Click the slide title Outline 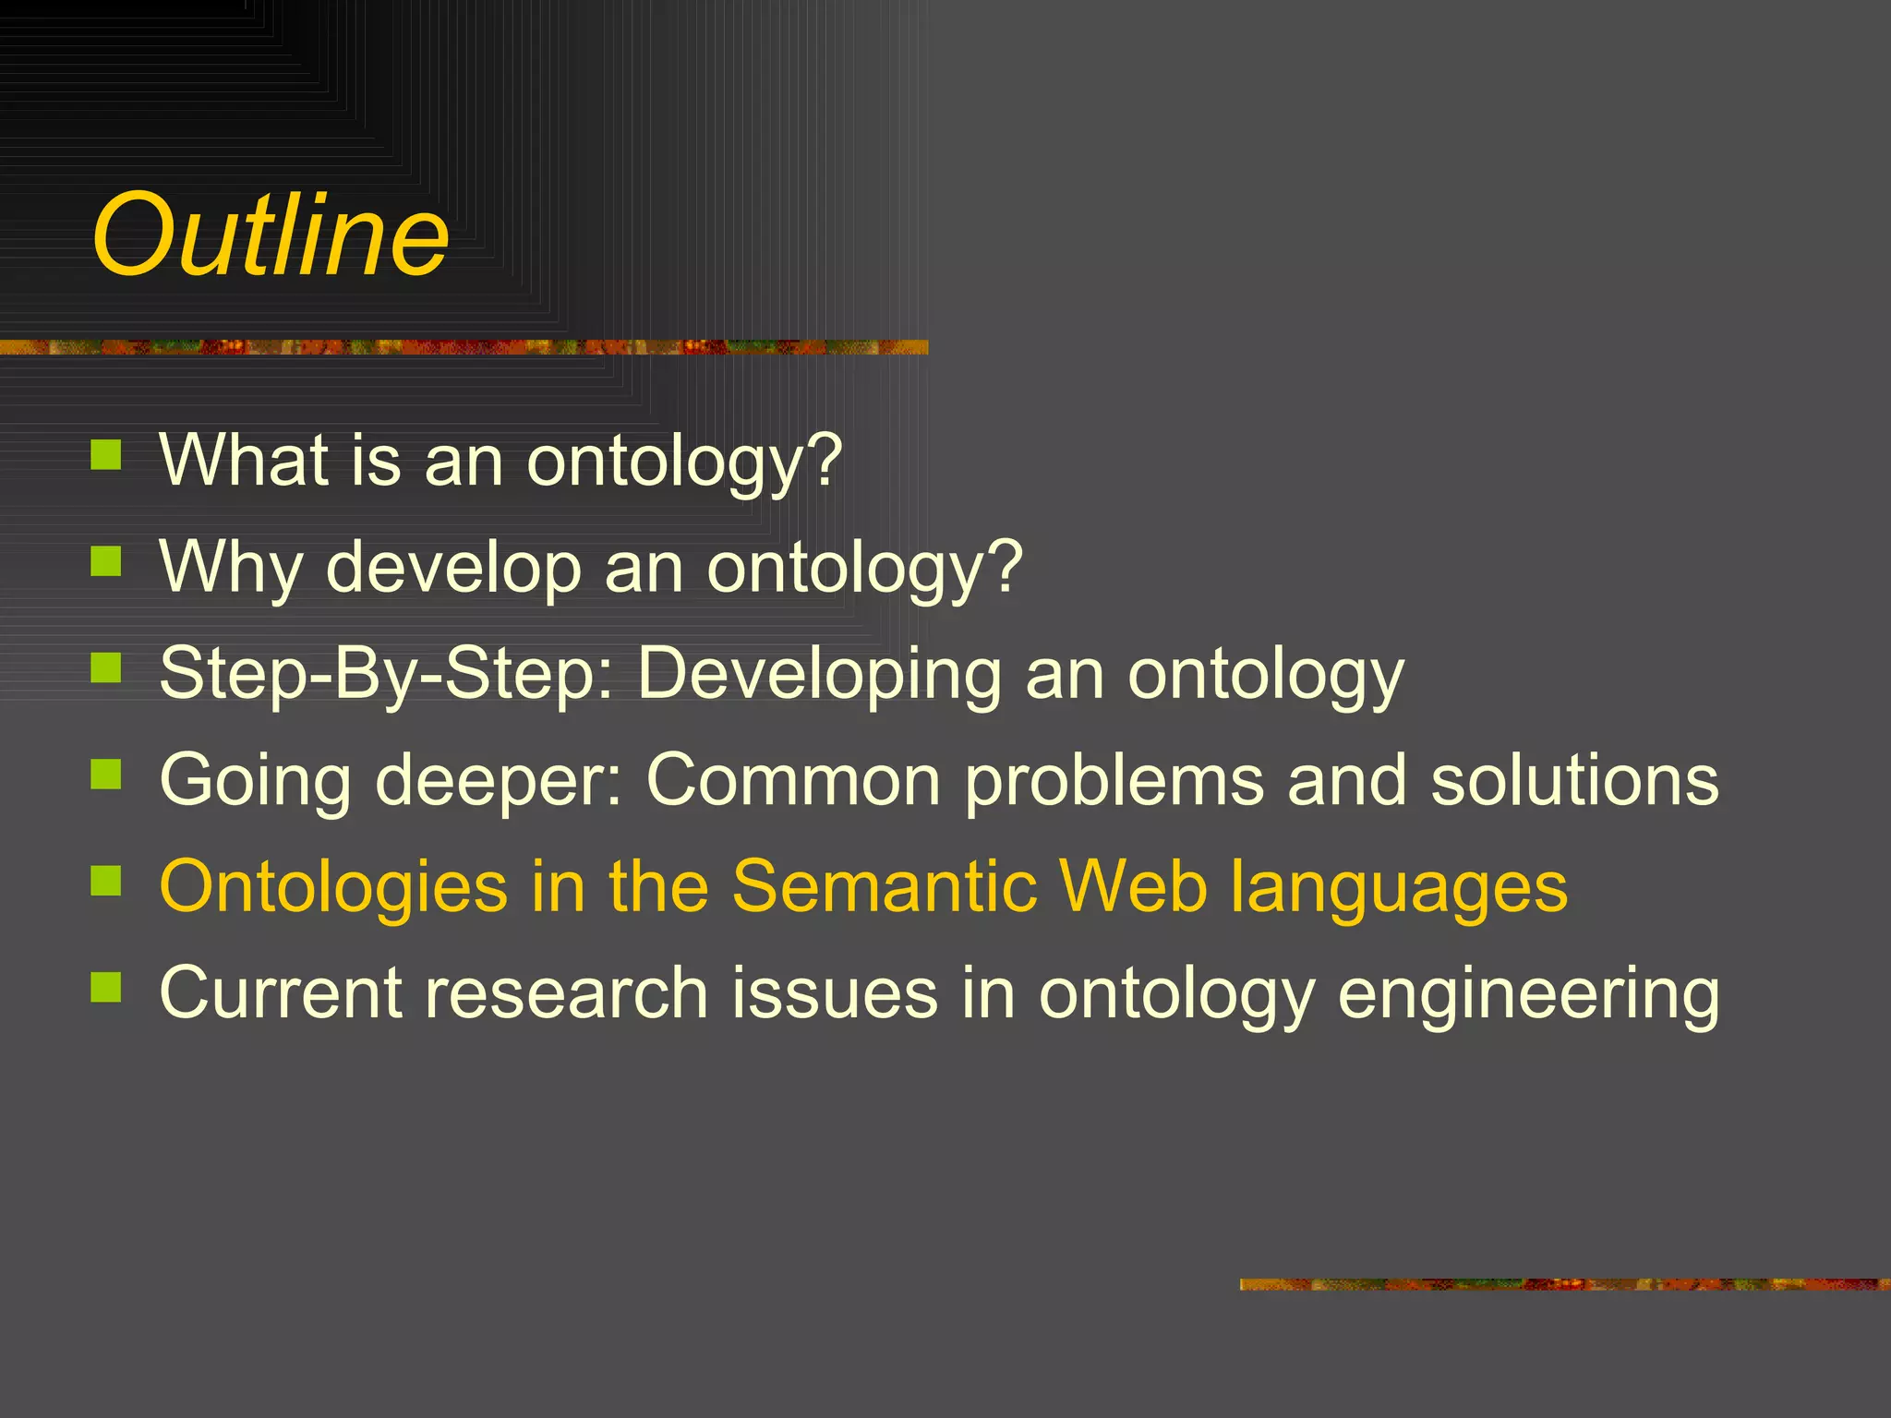(271, 235)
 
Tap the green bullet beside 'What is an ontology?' (107, 455)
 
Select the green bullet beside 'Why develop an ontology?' (107, 561)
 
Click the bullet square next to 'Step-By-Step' (107, 667)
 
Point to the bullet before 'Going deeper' (107, 775)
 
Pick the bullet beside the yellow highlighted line (107, 881)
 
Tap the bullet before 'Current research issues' (107, 987)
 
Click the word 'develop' (453, 566)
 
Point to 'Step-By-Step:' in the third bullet (387, 674)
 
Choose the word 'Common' (793, 780)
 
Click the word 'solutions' (1574, 780)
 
